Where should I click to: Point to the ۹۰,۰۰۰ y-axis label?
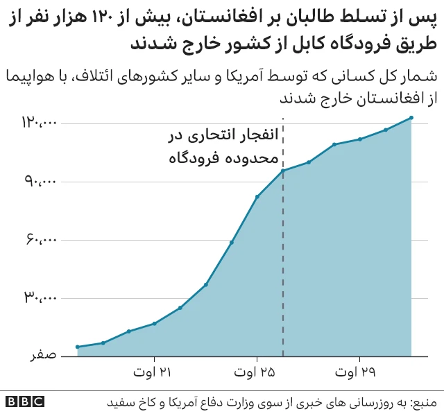tap(40, 182)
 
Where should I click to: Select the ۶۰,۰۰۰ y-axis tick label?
tap(40, 240)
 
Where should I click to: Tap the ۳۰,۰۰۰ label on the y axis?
tap(40, 298)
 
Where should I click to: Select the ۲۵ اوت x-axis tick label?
tap(257, 373)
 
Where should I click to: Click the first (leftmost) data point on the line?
tap(78, 347)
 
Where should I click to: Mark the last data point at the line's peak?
tap(411, 118)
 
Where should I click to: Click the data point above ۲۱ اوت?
tap(155, 324)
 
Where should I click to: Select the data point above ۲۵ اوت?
tap(257, 197)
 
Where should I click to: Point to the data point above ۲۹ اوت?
tap(360, 139)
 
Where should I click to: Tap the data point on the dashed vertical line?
tap(283, 171)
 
